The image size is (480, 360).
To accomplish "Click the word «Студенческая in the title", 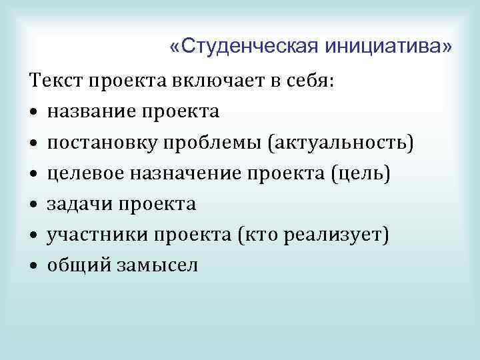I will tap(245, 47).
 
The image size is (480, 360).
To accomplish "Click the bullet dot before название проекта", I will tap(33, 113).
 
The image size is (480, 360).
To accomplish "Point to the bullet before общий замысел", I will tap(33, 266).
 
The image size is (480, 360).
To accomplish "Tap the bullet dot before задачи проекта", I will tap(33, 205).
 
